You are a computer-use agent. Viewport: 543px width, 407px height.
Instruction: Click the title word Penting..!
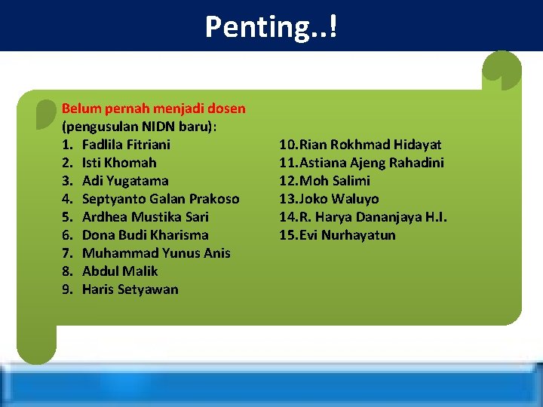coord(271,26)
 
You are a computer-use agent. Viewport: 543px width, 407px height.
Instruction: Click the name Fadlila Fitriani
coord(126,144)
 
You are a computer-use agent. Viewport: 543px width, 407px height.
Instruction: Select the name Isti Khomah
coord(119,162)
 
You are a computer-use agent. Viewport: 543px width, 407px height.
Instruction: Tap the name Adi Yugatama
coord(125,180)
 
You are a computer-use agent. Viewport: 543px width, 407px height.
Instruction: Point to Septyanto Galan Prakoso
coord(161,198)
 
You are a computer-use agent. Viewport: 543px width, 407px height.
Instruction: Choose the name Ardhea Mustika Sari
coord(146,216)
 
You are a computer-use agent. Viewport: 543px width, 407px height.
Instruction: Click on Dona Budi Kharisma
coord(145,234)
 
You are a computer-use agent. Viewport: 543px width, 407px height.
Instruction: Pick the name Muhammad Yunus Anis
coord(156,252)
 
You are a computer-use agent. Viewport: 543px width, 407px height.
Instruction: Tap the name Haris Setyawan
coord(130,289)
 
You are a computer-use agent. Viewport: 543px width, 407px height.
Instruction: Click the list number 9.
coord(66,289)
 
